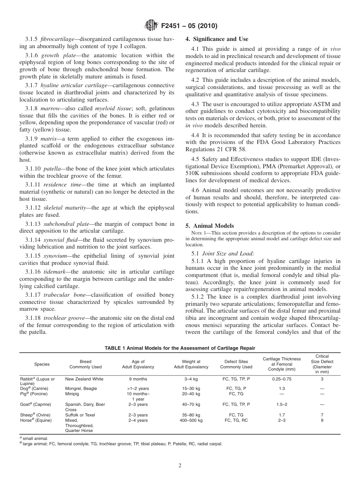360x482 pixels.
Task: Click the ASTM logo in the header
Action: pos(152,26)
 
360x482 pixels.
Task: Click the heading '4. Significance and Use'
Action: pos(217,39)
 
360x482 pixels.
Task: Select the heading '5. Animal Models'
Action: pos(210,226)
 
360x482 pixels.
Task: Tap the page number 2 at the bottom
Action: pos(180,466)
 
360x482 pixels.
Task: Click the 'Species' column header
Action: pos(42,364)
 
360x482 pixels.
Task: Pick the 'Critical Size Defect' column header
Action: pos(322,364)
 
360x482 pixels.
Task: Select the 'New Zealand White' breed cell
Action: pos(84,379)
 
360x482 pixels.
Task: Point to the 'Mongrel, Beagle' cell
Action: pos(81,388)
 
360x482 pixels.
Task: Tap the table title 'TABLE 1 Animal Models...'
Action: pos(180,348)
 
